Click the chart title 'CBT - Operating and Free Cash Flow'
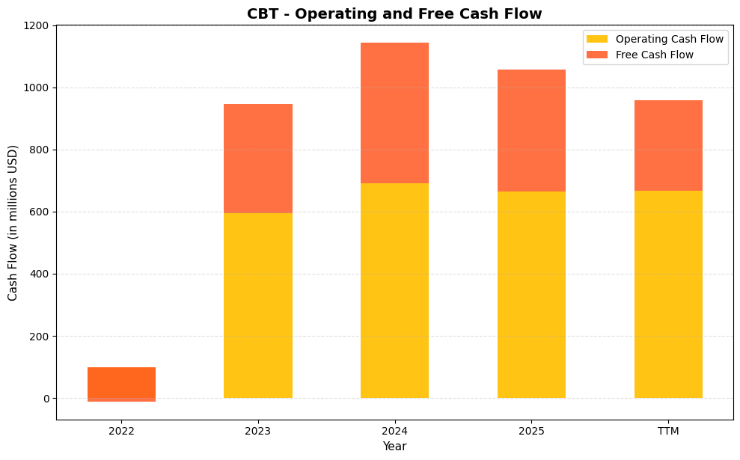coord(394,13)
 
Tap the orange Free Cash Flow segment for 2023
coord(258,159)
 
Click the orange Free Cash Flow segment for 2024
coord(394,113)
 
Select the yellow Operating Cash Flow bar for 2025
coord(531,295)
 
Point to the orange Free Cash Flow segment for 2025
coord(531,130)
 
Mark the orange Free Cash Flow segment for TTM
coord(668,145)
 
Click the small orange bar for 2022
coord(121,384)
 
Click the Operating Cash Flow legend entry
coord(669,39)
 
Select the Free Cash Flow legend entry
coord(654,55)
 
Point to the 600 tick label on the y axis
coord(40,212)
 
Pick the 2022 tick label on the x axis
coord(121,431)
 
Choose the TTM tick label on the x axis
coord(668,431)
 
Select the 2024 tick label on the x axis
coord(394,431)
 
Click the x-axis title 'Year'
coord(394,447)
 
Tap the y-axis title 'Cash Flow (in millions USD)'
coord(13,222)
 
